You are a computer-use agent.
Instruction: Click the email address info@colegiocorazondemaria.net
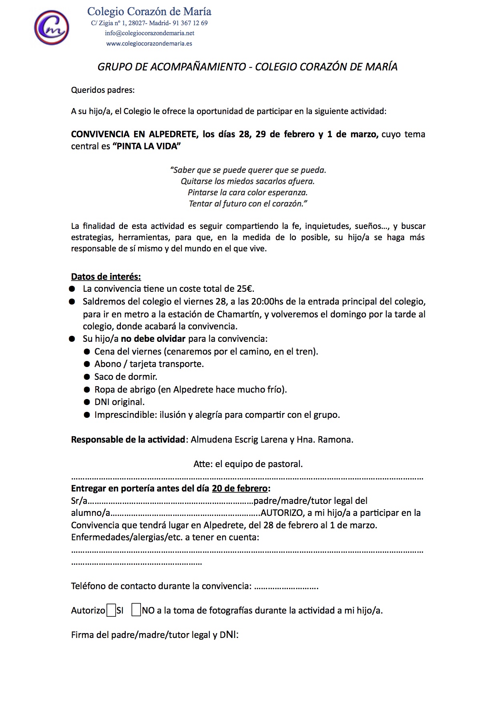coord(149,33)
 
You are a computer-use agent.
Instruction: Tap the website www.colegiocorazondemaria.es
coord(149,44)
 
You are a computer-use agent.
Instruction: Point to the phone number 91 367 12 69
coord(190,23)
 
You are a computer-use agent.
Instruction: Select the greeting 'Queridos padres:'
coord(103,90)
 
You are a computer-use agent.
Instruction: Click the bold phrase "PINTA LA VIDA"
coord(147,146)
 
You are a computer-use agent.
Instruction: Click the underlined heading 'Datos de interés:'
coord(106,277)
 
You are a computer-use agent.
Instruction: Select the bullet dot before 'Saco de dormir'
coord(87,377)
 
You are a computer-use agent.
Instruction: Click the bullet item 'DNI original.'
coord(119,402)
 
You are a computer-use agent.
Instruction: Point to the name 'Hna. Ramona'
coord(325,439)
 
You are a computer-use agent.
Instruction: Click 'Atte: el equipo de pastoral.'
coord(248,464)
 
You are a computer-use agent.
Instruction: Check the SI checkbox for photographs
coord(111,610)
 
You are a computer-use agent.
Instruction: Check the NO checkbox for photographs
coord(136,610)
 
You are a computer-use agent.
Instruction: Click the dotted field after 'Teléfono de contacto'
coord(286,587)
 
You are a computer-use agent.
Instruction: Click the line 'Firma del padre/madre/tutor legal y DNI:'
coord(155,635)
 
